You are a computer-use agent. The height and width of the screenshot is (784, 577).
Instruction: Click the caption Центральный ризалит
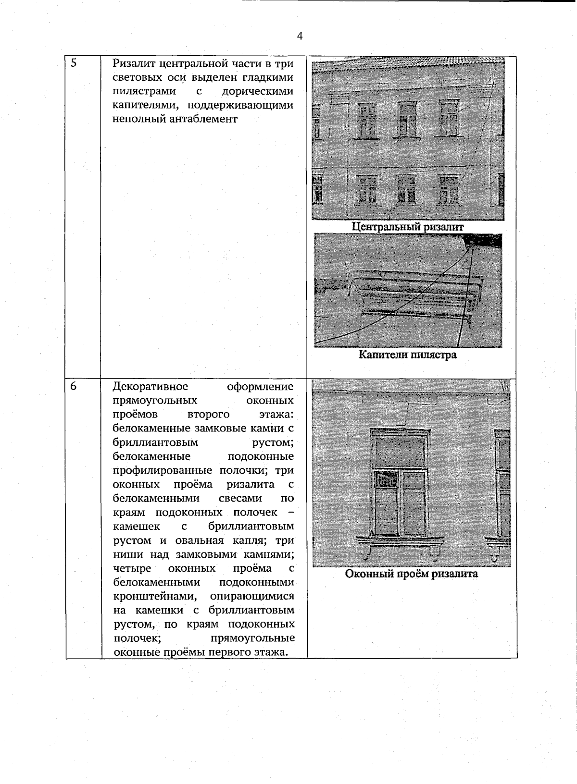coord(407,227)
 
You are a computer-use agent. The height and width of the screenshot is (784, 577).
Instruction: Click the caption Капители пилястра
coord(407,355)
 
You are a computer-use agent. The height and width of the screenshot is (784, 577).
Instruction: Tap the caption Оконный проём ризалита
coord(411,574)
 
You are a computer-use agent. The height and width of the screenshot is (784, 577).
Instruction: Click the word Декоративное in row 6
coord(151,387)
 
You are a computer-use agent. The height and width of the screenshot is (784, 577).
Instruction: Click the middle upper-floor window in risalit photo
coord(407,119)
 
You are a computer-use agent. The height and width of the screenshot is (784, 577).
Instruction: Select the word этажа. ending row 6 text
coord(272,652)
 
